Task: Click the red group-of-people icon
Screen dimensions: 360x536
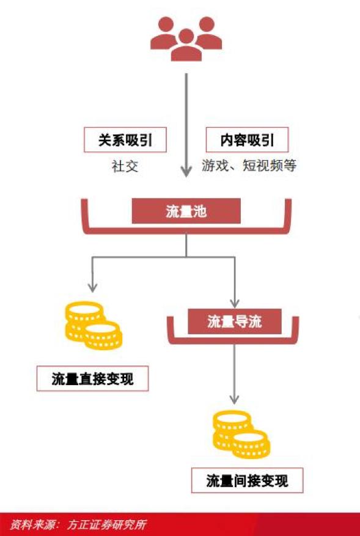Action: tap(186, 39)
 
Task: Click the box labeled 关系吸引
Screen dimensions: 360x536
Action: tap(125, 140)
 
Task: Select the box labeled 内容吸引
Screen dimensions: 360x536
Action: tap(247, 140)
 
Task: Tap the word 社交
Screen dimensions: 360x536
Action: tap(125, 166)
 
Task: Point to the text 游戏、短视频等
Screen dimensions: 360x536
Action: tap(249, 166)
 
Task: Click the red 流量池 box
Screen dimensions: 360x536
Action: tap(186, 211)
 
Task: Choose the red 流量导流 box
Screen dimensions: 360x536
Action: tap(235, 321)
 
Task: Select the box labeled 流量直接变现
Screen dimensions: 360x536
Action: tap(93, 378)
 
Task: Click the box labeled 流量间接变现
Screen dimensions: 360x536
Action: tap(247, 480)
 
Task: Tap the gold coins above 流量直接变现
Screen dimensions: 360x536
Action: tap(94, 325)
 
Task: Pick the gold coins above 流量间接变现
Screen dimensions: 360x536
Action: tap(241, 434)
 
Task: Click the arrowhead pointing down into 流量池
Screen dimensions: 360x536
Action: tap(186, 171)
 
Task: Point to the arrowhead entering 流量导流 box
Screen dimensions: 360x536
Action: tap(235, 303)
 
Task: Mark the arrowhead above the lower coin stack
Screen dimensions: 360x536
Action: tap(235, 398)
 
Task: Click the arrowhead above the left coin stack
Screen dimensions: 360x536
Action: tap(93, 287)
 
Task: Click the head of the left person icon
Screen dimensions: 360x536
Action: tap(166, 24)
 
